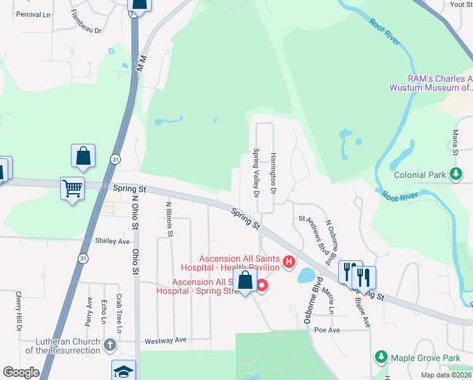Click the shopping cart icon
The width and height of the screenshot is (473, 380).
(71, 187)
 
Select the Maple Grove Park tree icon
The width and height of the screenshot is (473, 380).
(381, 358)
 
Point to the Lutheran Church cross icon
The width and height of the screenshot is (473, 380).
(109, 345)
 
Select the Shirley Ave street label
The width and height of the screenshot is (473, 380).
(112, 241)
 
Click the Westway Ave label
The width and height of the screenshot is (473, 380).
(166, 340)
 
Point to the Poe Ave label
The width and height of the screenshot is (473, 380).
(327, 330)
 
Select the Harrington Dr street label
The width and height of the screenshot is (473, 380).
(274, 172)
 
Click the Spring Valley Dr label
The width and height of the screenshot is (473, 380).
(256, 173)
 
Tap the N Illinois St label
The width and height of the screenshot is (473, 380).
(169, 219)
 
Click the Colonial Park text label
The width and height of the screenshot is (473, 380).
(421, 174)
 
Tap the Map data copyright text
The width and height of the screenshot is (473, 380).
(445, 375)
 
